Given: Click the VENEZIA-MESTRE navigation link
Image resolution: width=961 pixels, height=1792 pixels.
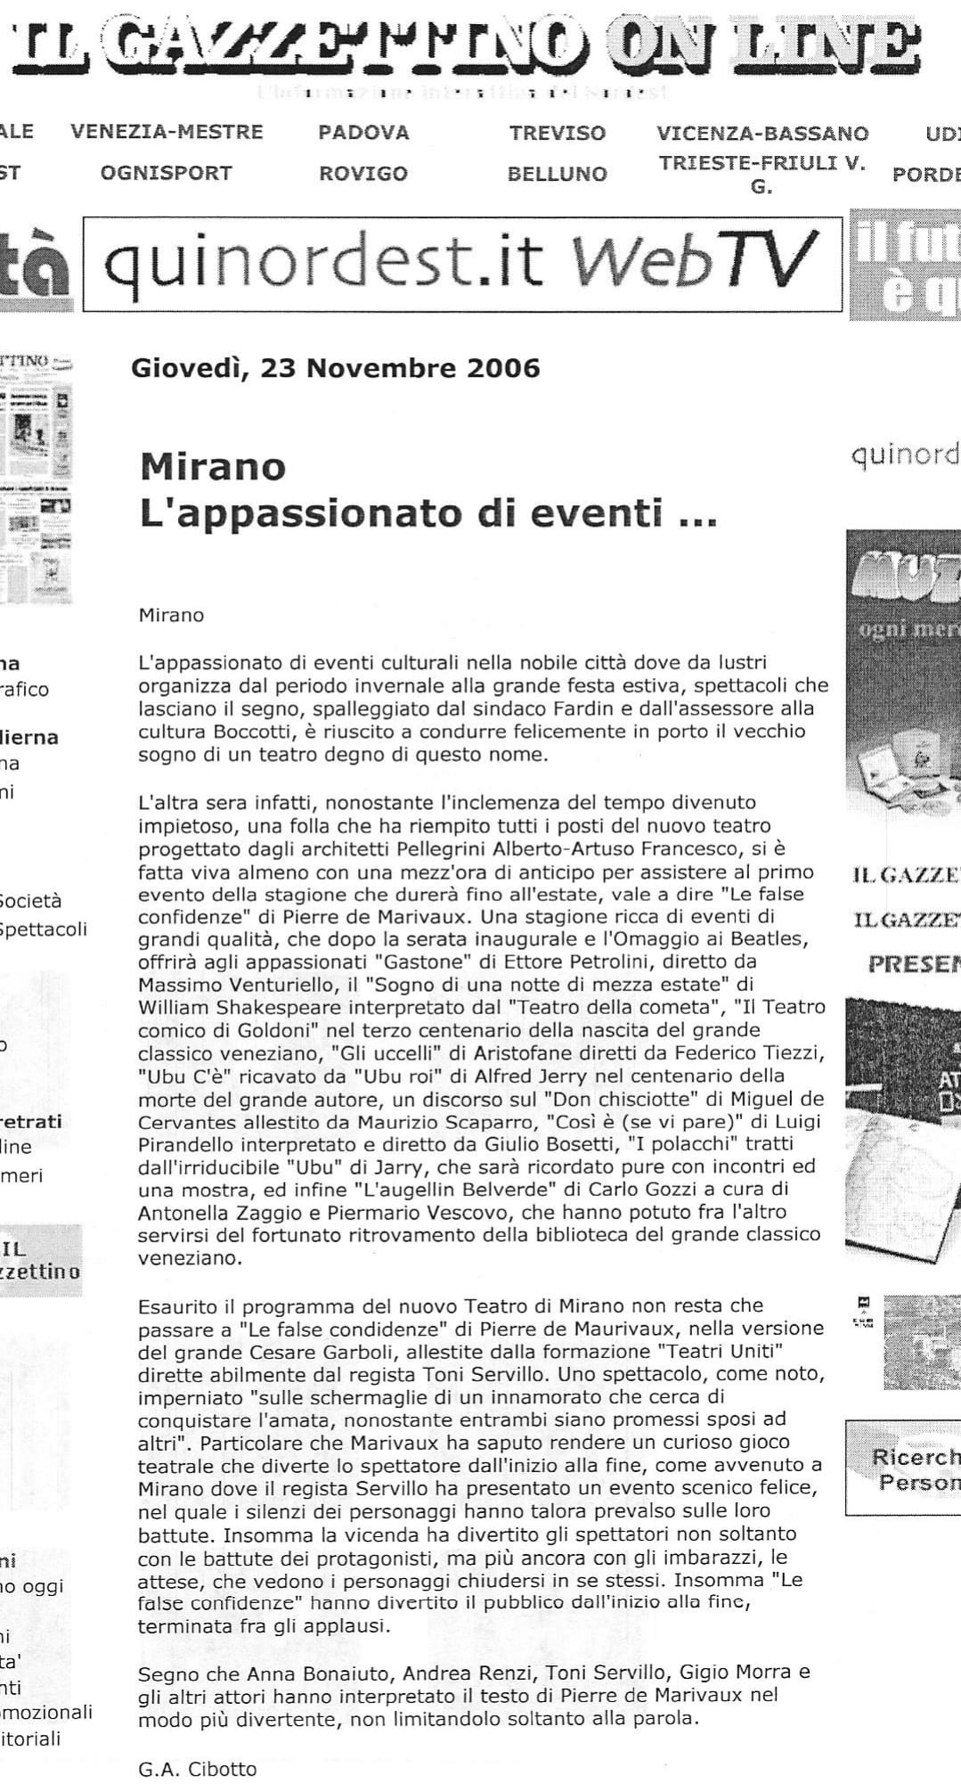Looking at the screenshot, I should click(x=167, y=133).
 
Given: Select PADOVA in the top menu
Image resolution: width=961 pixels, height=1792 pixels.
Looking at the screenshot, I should click(x=363, y=133).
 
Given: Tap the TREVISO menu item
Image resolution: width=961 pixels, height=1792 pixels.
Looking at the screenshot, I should click(x=557, y=134).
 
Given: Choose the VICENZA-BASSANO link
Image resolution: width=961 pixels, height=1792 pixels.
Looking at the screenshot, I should click(x=762, y=134).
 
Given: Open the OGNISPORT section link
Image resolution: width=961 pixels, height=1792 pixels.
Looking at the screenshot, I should click(x=166, y=173).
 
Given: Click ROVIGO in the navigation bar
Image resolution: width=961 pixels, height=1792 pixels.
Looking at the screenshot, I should click(x=363, y=174).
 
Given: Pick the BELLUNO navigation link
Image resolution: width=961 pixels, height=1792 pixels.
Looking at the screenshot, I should click(x=557, y=174).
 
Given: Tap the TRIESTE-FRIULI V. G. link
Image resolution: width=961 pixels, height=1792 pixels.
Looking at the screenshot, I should click(x=762, y=175).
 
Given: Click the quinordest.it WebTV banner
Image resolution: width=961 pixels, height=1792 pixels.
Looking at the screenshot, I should click(x=461, y=263).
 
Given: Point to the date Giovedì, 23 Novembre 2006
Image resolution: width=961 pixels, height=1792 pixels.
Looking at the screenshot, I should click(x=335, y=368).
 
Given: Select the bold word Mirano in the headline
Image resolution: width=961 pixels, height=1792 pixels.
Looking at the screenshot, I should click(x=212, y=467).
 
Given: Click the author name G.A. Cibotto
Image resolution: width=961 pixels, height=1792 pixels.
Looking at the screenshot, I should click(x=197, y=1769).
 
